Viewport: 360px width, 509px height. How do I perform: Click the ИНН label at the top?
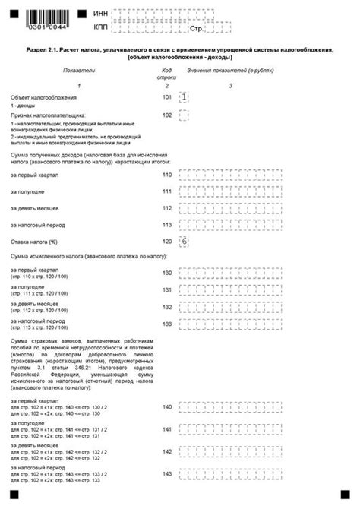coord(100,14)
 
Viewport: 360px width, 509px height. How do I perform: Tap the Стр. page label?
coord(196,29)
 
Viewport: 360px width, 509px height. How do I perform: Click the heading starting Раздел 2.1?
coord(180,53)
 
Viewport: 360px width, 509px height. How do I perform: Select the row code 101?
coord(167,97)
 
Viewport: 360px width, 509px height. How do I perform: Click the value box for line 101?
coord(182,97)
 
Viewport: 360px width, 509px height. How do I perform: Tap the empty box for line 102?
coord(182,115)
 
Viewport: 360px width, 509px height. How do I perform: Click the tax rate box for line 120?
coord(182,241)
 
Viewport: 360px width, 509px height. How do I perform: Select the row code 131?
coord(167,289)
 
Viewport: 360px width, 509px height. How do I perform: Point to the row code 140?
coord(167,408)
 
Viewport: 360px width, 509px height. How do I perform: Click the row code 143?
coord(167,473)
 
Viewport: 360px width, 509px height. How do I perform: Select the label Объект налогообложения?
coord(39,98)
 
